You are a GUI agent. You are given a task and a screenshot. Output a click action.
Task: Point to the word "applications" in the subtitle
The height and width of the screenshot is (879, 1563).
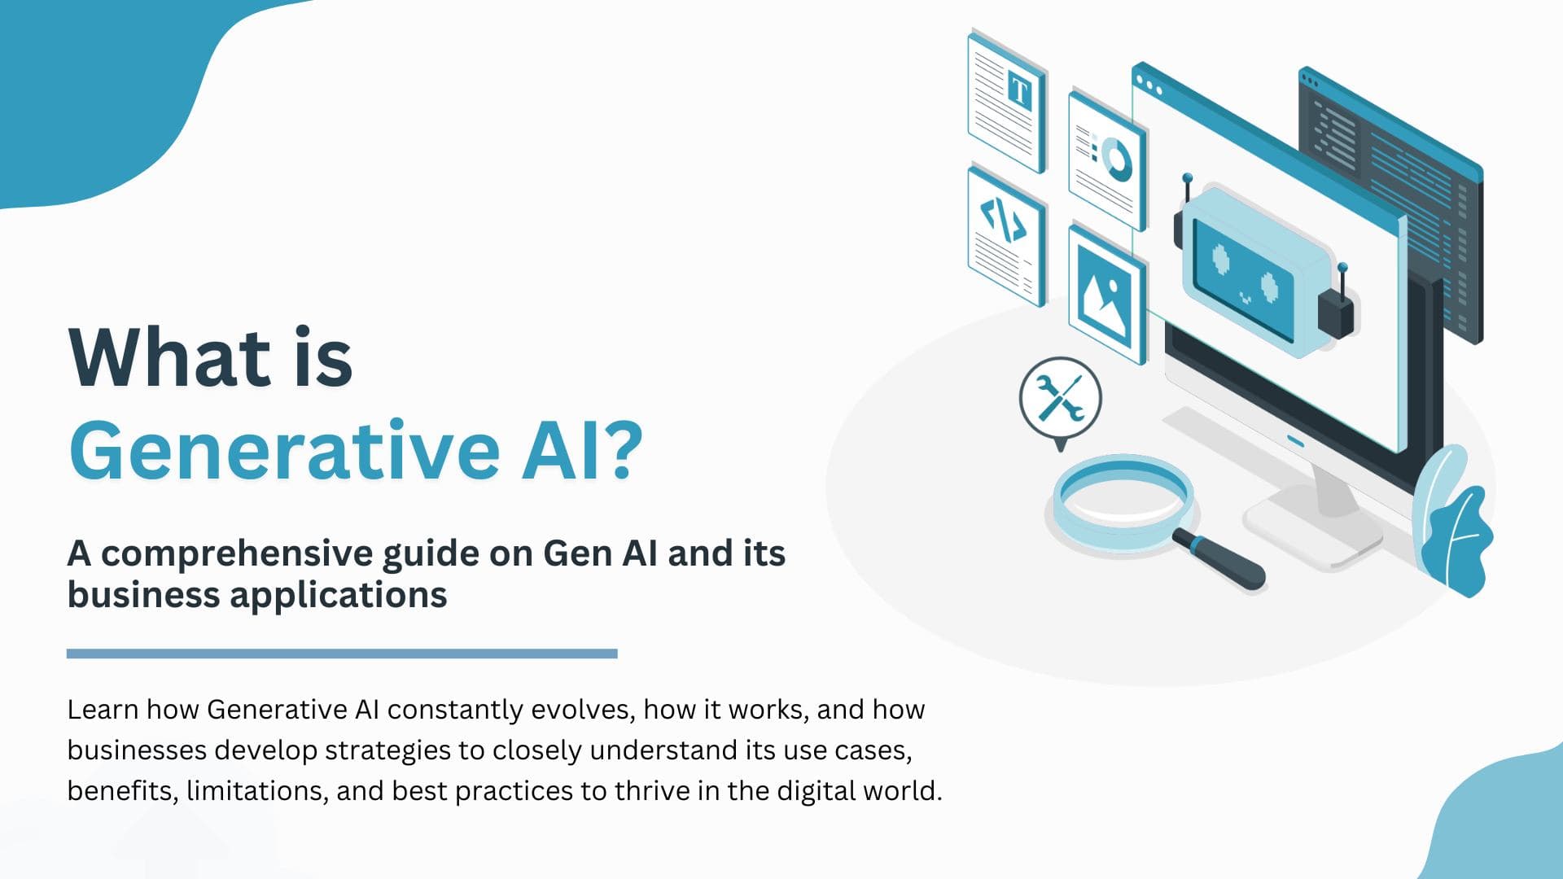point(339,595)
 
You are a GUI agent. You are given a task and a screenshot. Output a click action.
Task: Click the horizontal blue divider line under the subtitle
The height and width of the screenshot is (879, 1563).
point(342,654)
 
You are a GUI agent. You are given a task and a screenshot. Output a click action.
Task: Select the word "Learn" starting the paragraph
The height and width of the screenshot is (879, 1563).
point(102,710)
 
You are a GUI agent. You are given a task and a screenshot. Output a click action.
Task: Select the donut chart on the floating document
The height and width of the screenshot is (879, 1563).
point(1116,158)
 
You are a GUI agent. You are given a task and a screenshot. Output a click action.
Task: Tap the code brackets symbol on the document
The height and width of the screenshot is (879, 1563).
point(1003,220)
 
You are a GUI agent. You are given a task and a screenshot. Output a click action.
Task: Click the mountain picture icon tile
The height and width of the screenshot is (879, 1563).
point(1105,292)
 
